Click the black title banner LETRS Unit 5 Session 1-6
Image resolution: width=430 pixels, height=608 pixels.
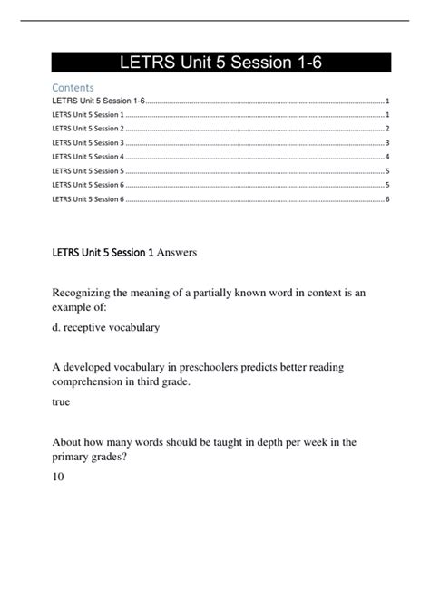tap(220, 62)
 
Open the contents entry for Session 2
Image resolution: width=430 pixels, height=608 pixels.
tap(88, 129)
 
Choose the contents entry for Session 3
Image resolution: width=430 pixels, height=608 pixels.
tap(88, 142)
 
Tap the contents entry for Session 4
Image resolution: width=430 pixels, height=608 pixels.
tap(88, 156)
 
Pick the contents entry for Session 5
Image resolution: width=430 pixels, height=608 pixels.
tap(88, 169)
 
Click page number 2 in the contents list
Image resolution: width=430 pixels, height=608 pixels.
tap(387, 129)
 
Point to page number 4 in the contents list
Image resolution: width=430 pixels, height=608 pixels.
tap(387, 156)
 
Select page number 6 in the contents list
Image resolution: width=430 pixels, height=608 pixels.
tap(387, 198)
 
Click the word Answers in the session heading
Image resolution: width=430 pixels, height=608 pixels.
tap(174, 252)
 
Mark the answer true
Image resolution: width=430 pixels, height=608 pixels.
tap(62, 401)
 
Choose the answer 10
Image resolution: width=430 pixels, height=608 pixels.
tap(59, 475)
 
